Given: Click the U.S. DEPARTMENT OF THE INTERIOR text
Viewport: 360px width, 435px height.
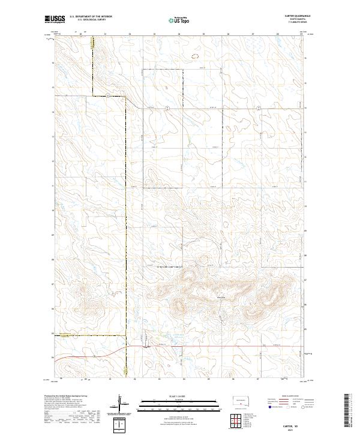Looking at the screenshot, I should coord(91,17).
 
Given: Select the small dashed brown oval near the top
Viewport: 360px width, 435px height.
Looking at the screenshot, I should coord(194,57).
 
